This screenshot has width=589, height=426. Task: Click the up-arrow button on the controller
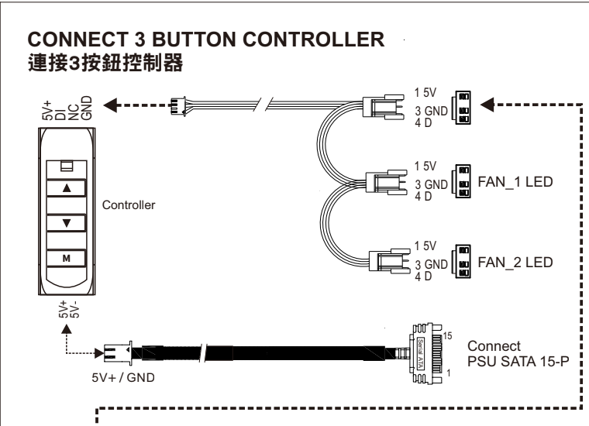(x=65, y=187)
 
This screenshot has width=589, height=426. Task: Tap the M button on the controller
(x=65, y=257)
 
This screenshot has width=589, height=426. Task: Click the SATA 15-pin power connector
(x=425, y=353)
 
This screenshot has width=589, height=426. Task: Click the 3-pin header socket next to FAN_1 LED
(x=462, y=180)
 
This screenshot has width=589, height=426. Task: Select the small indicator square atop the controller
(x=65, y=165)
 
